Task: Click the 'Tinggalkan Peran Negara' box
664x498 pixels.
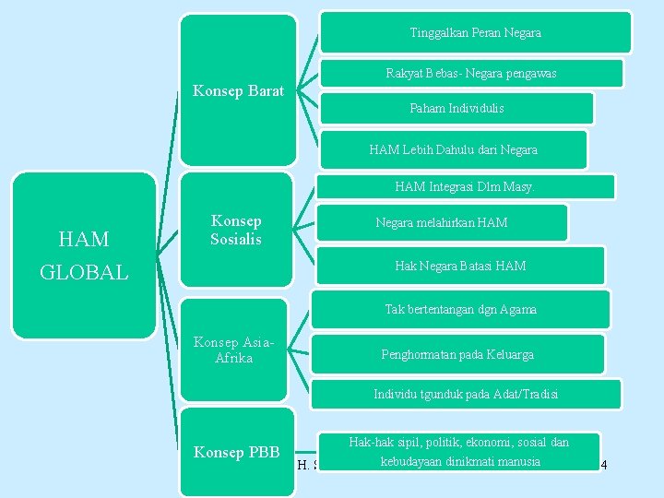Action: pos(475,32)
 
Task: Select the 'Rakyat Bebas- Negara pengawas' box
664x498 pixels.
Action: pos(470,73)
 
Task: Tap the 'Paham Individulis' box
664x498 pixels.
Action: pos(456,108)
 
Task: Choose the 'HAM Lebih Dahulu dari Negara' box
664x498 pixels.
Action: pos(453,148)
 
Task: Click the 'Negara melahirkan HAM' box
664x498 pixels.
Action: pos(441,222)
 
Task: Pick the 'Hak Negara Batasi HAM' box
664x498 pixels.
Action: pos(460,266)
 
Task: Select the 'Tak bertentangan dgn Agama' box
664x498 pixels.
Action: pos(460,309)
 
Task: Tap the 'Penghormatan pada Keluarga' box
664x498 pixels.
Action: pos(457,354)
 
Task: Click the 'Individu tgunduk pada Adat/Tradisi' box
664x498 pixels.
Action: pos(466,394)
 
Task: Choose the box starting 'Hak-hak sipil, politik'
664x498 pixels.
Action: pos(458,452)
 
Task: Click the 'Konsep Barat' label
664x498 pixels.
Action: pos(238,91)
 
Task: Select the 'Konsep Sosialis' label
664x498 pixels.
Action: pos(236,230)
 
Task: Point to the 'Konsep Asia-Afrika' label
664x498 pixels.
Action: pos(233,350)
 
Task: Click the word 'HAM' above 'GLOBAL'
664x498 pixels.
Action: pos(84,240)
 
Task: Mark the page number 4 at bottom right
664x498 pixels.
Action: pos(603,464)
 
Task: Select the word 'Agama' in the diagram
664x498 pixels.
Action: pos(518,309)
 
